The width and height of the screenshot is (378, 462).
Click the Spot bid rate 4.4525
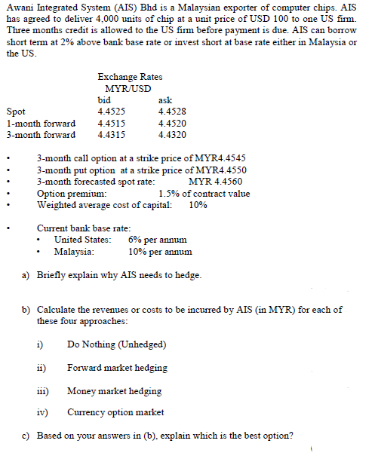point(112,112)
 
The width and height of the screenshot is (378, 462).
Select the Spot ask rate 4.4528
point(172,112)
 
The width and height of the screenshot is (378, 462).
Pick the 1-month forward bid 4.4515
point(112,124)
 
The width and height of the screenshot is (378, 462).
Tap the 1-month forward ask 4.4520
point(172,124)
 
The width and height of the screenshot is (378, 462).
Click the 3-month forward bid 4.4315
point(112,135)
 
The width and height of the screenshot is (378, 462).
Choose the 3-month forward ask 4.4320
point(172,135)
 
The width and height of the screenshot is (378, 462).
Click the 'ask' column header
point(165,99)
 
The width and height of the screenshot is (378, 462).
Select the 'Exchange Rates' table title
point(130,76)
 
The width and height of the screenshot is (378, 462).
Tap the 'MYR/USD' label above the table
point(129,87)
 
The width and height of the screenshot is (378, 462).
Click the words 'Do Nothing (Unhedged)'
point(117,344)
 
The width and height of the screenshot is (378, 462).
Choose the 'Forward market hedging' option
point(117,368)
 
